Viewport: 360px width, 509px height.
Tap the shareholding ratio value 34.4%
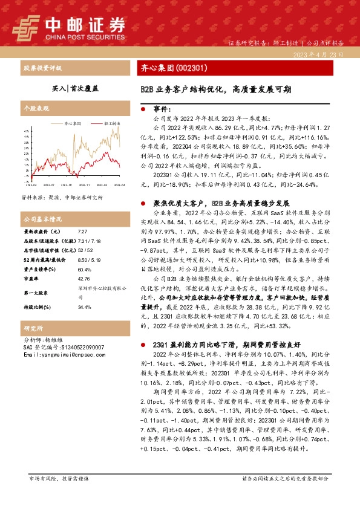coord(85,307)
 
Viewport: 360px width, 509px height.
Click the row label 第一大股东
coord(37,293)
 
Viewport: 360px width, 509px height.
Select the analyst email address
coord(73,355)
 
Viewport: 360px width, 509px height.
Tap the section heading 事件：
coord(163,109)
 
